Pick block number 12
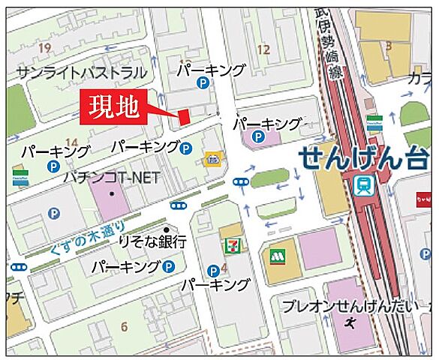pyautogui.click(x=263, y=49)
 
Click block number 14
pyautogui.click(x=72, y=142)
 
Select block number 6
pyautogui.click(x=124, y=326)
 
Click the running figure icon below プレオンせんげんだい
pyautogui.click(x=351, y=323)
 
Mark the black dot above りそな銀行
pyautogui.click(x=166, y=230)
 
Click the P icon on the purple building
pyautogui.click(x=257, y=136)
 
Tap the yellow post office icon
pyautogui.click(x=212, y=158)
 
